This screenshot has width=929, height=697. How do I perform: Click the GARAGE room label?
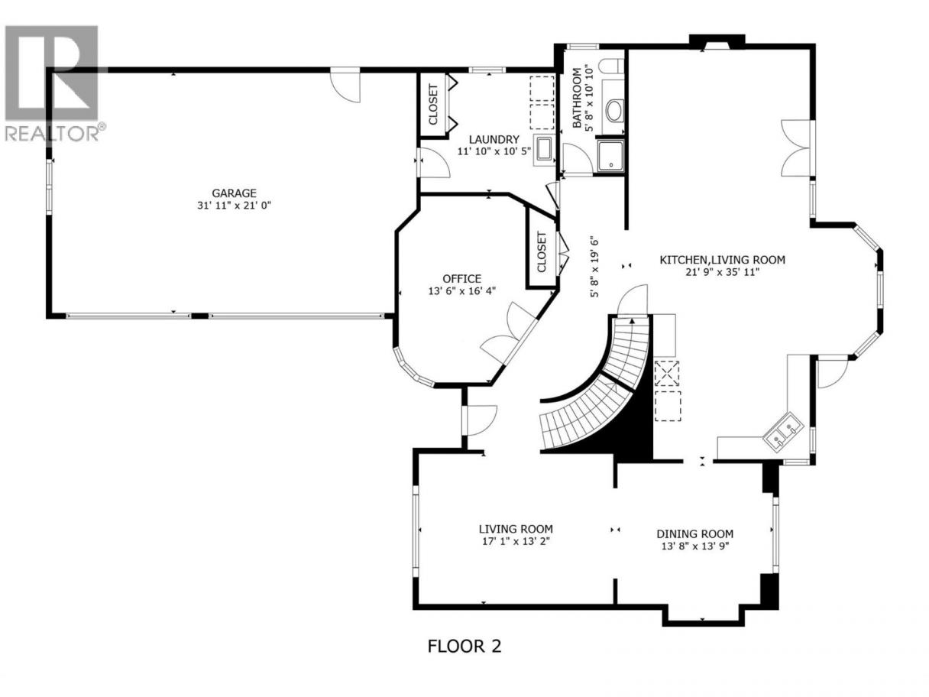point(234,193)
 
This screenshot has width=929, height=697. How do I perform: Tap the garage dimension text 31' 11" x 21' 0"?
point(234,206)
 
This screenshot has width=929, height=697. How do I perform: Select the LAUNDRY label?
point(494,139)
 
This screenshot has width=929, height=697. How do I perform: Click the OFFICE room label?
point(461,279)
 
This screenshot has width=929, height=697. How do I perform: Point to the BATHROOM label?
point(576,98)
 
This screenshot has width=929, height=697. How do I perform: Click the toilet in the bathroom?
point(611,66)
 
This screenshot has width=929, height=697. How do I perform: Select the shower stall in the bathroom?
point(610,156)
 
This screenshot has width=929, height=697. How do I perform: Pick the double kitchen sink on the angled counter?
point(783,432)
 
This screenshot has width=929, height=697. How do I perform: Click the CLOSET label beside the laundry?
point(432,105)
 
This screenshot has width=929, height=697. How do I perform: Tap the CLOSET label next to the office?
point(542,252)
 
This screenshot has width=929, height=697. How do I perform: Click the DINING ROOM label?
point(694,534)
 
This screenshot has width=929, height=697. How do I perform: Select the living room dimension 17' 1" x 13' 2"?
point(516,542)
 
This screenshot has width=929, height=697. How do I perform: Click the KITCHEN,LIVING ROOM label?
point(723,260)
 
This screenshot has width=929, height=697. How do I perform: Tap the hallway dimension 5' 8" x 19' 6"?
point(595,267)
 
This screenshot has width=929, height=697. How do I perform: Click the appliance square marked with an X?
point(668,373)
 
